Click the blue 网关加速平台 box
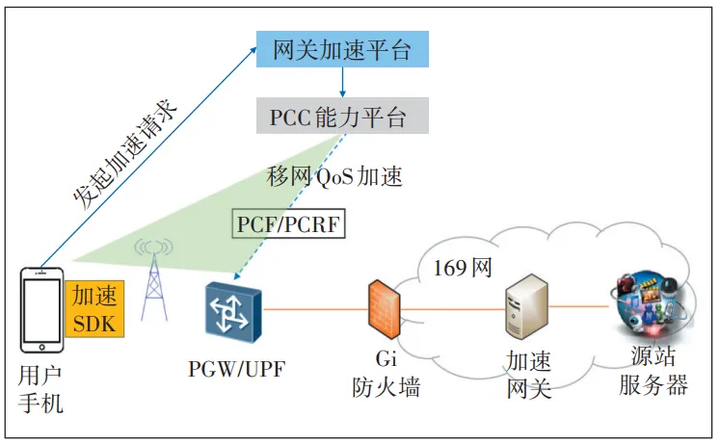(341, 49)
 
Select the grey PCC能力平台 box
(343, 117)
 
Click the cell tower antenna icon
(153, 279)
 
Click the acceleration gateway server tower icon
(528, 305)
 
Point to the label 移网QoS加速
(333, 176)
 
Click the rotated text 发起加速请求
(123, 154)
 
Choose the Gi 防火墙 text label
(385, 375)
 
